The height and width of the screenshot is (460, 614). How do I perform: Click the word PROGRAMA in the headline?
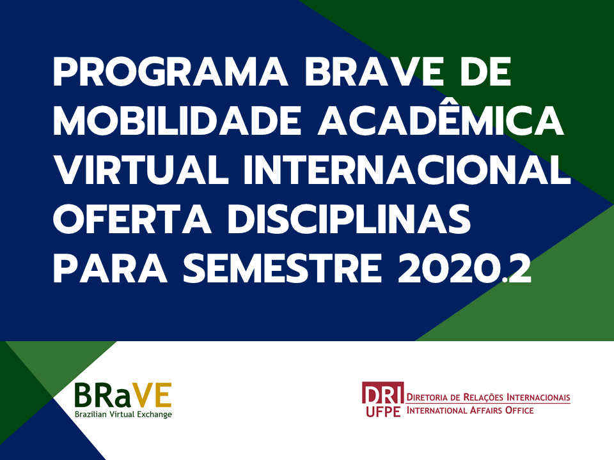click(170, 72)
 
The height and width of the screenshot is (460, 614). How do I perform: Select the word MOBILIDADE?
click(177, 121)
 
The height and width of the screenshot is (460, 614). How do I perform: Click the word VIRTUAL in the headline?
click(141, 170)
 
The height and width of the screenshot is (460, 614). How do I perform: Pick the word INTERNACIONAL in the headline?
click(407, 170)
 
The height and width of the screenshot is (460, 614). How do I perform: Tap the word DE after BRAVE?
click(486, 72)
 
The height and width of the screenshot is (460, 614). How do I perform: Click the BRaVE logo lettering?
click(123, 395)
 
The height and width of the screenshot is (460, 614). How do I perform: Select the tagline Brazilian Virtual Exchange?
click(123, 414)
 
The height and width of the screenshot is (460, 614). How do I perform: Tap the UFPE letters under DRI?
click(383, 412)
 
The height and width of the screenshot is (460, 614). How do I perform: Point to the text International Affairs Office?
click(470, 410)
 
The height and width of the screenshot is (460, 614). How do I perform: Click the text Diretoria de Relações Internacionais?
click(488, 397)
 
